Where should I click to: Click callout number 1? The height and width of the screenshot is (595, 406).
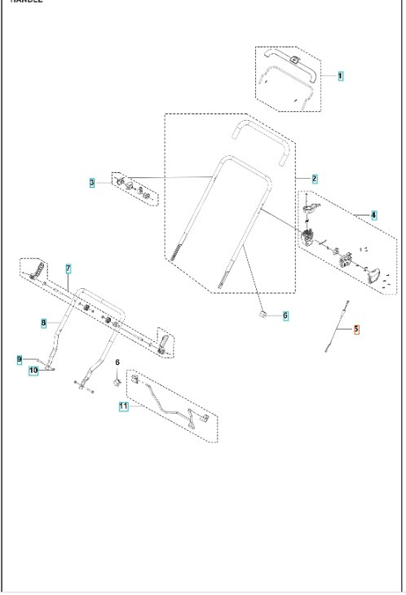(x=340, y=75)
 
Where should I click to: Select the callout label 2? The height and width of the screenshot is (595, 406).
(x=315, y=178)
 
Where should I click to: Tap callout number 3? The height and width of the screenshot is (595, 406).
(x=93, y=182)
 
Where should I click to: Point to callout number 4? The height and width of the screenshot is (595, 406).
(x=373, y=215)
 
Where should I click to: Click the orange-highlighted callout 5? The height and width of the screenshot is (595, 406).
(x=355, y=330)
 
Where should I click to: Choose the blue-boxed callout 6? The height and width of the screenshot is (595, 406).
(x=285, y=315)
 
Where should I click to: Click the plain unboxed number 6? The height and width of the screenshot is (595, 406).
(x=117, y=362)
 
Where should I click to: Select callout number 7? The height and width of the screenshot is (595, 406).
(x=68, y=269)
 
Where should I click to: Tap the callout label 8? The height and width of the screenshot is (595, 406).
(x=43, y=323)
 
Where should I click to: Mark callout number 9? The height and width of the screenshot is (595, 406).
(x=19, y=358)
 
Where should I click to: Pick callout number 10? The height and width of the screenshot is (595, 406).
(x=33, y=371)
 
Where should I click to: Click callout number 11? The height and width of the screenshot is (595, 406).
(x=123, y=406)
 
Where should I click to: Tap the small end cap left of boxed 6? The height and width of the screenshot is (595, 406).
(x=264, y=313)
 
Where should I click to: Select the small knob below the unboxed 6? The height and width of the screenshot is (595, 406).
(x=117, y=380)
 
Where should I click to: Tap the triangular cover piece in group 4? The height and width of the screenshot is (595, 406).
(x=374, y=275)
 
